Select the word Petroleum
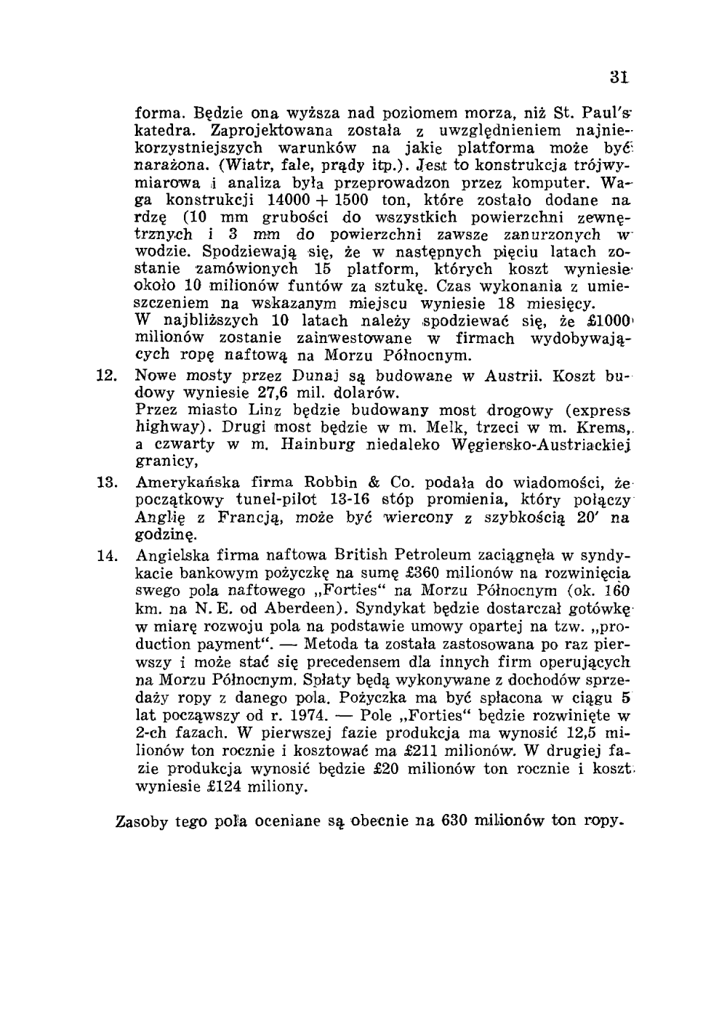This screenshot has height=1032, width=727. tap(414, 555)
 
